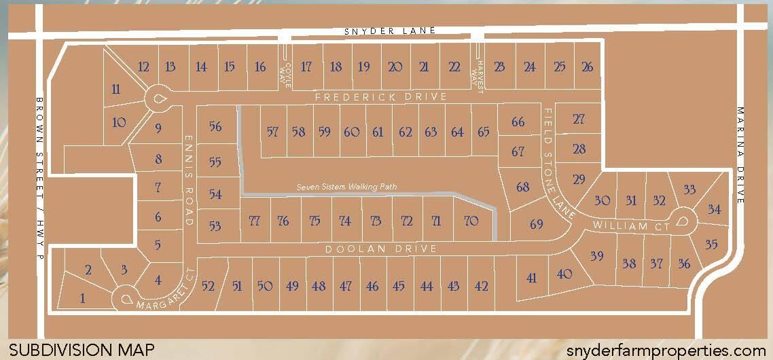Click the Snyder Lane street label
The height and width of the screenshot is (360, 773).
pos(389,31)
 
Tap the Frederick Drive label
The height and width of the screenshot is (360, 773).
pos(381,97)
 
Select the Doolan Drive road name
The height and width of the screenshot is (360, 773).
pos(380,249)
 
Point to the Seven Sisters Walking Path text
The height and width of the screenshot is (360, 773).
pos(346,187)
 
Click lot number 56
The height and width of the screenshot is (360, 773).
pos(215,126)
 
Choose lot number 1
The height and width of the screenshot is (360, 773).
pos(83,297)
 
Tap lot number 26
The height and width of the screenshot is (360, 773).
pos(588,67)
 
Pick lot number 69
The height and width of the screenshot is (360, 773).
pos(536,223)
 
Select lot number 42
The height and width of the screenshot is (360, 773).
pos(481,286)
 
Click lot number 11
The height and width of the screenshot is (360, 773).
pos(116,89)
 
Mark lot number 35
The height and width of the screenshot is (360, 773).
pos(711,244)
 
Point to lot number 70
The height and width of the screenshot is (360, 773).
pos(471,221)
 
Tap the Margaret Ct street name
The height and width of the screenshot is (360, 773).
pos(161,294)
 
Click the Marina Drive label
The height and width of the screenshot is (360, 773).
pos(740,156)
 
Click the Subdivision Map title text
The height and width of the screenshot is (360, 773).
pos(82,350)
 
